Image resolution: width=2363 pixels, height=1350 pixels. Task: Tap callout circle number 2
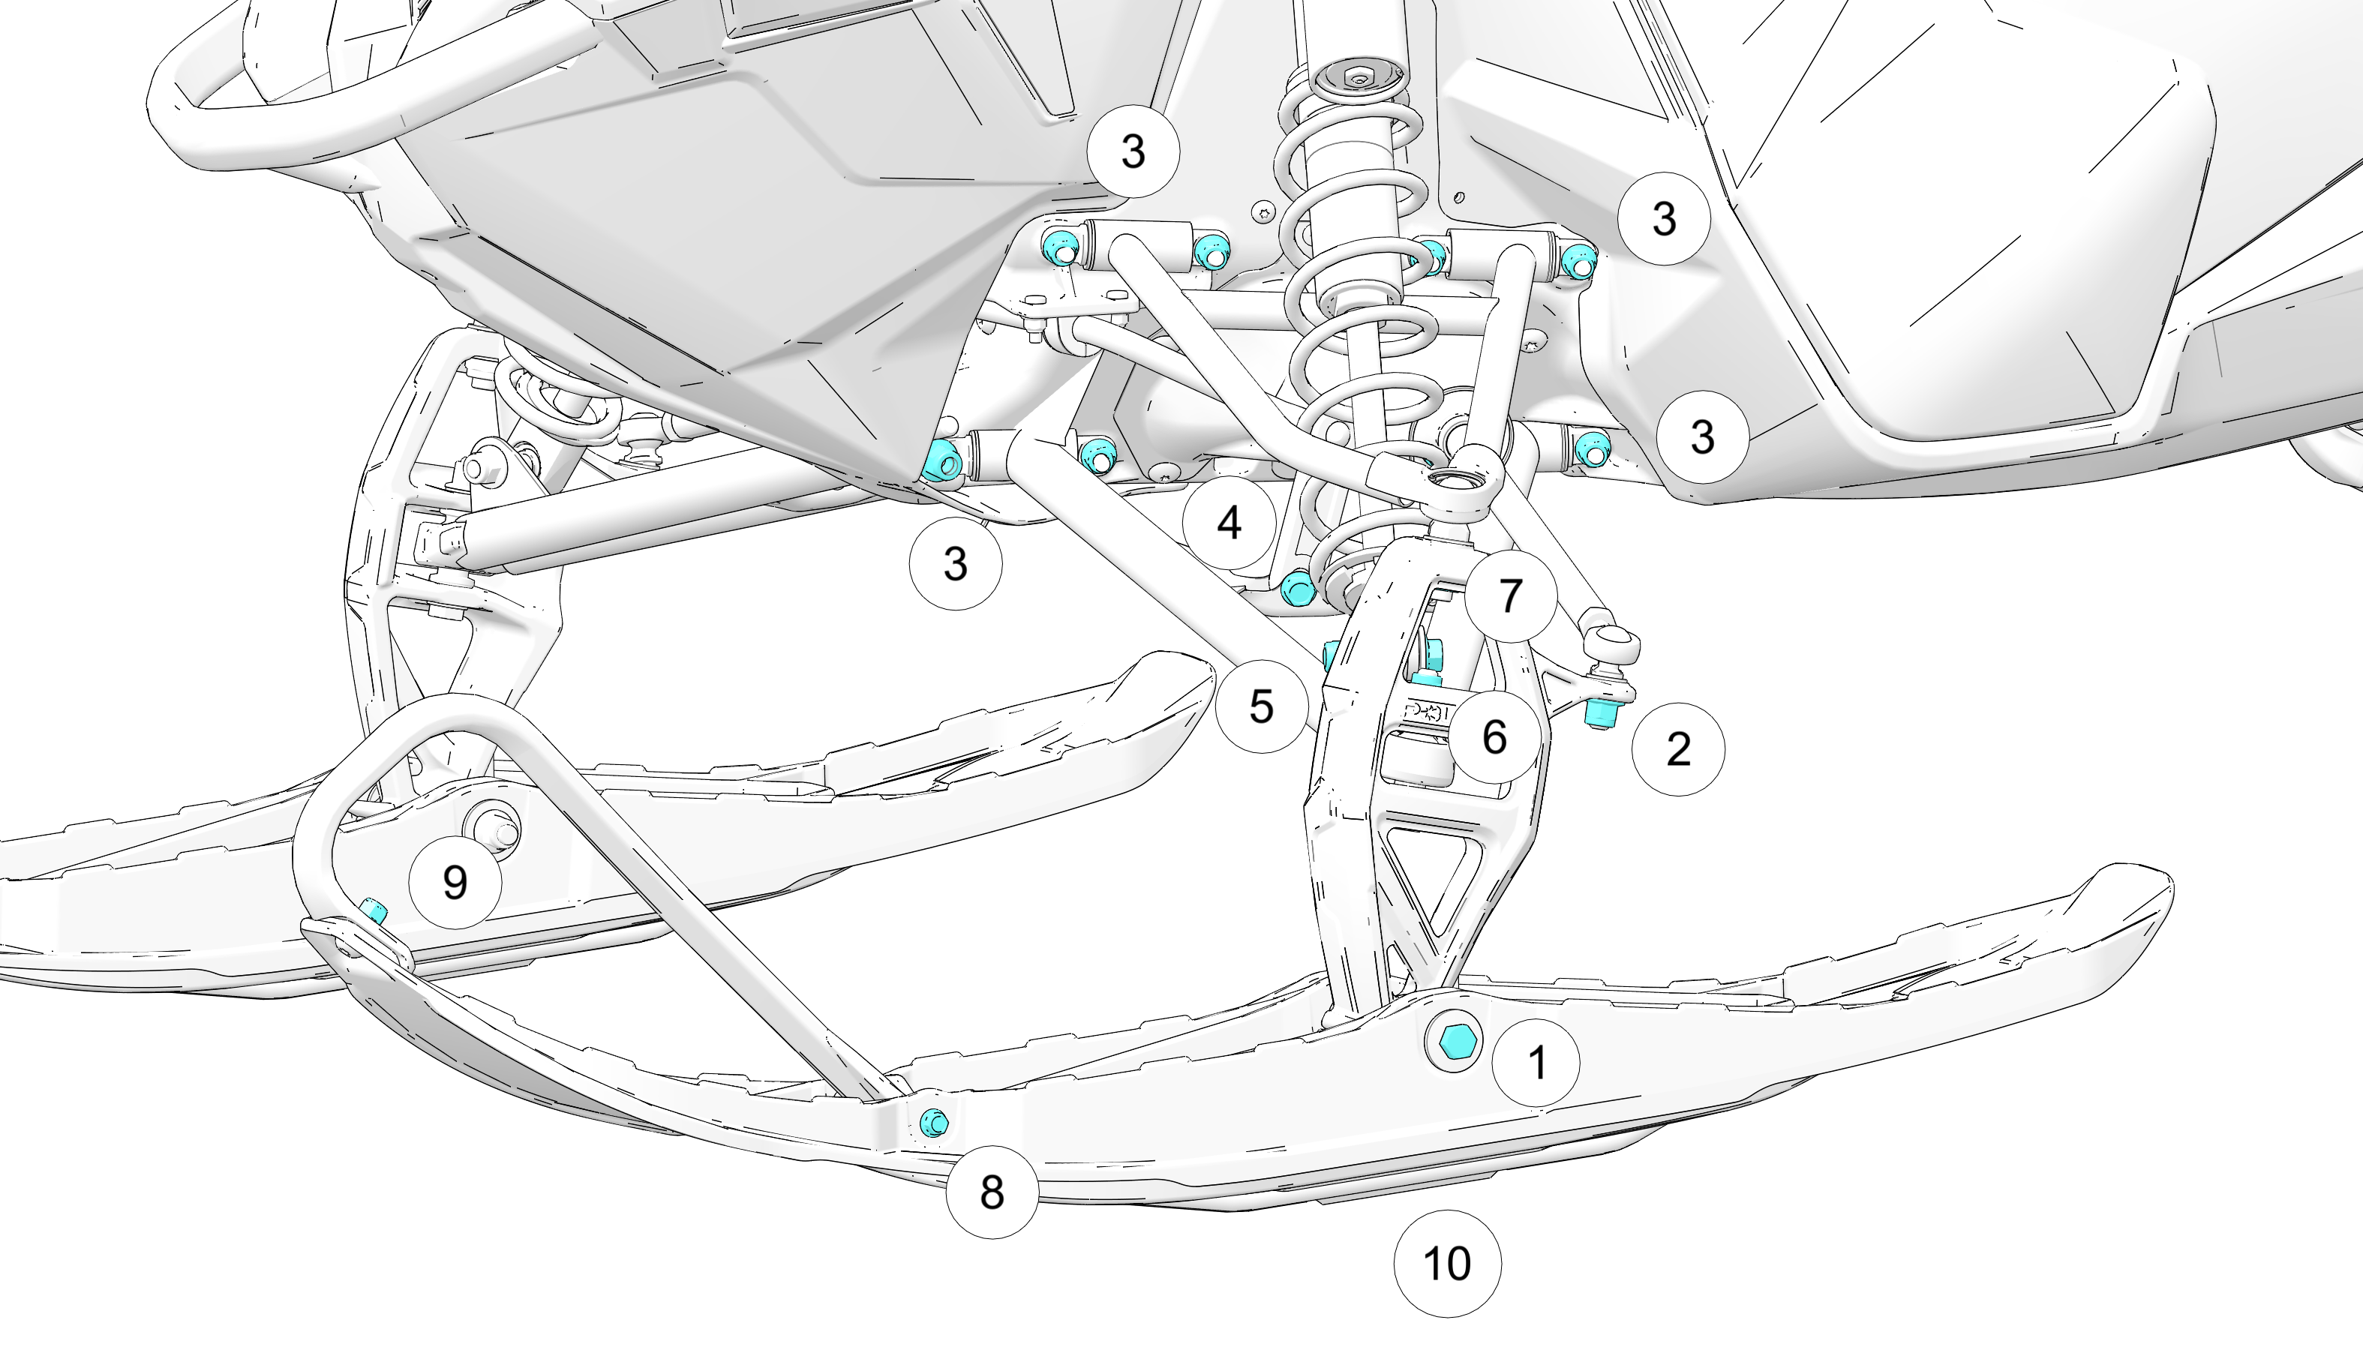click(1677, 749)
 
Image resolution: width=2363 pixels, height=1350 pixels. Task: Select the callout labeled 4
click(1229, 523)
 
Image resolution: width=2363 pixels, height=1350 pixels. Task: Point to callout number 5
click(1260, 706)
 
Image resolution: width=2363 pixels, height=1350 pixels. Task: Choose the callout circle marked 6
click(1494, 737)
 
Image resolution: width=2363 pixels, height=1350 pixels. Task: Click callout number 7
click(1511, 595)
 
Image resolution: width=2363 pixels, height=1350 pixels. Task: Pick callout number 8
click(992, 1192)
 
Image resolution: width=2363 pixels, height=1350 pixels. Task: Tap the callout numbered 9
click(455, 882)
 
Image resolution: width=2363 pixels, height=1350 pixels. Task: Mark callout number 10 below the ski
click(1447, 1263)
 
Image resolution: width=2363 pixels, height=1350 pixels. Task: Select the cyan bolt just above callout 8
click(934, 1123)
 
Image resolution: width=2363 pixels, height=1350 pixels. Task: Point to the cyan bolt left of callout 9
click(374, 910)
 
